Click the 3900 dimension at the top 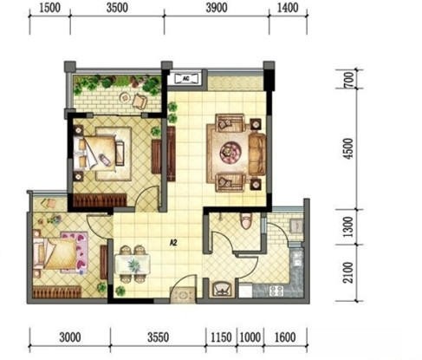coord(217,8)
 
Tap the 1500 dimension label coord(49,8)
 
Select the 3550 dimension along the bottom coord(158,337)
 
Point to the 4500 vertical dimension coord(348,148)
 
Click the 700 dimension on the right coord(349,80)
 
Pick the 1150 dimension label coord(221,337)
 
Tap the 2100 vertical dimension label coord(348,272)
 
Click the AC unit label coord(186,78)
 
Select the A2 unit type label coord(173,243)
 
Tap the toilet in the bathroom coord(246,221)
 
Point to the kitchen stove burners coord(276,291)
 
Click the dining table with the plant coord(133,264)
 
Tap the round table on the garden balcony coord(126,97)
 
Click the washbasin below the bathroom coord(222,288)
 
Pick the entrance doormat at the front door coord(183,295)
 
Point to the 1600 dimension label coord(285,337)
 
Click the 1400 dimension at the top coord(288,8)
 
